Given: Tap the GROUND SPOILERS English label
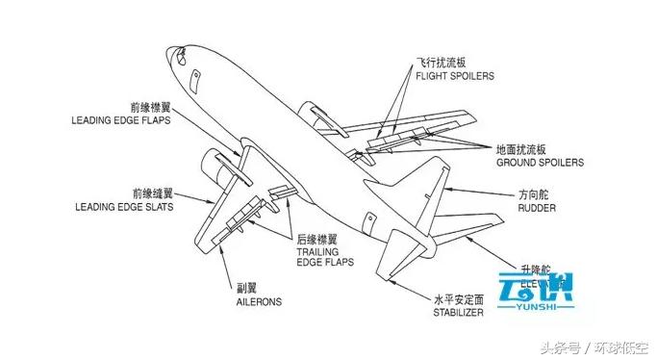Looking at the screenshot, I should tap(540, 164).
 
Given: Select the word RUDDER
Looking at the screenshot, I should tap(537, 208).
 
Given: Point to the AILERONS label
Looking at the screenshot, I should tap(259, 301).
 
